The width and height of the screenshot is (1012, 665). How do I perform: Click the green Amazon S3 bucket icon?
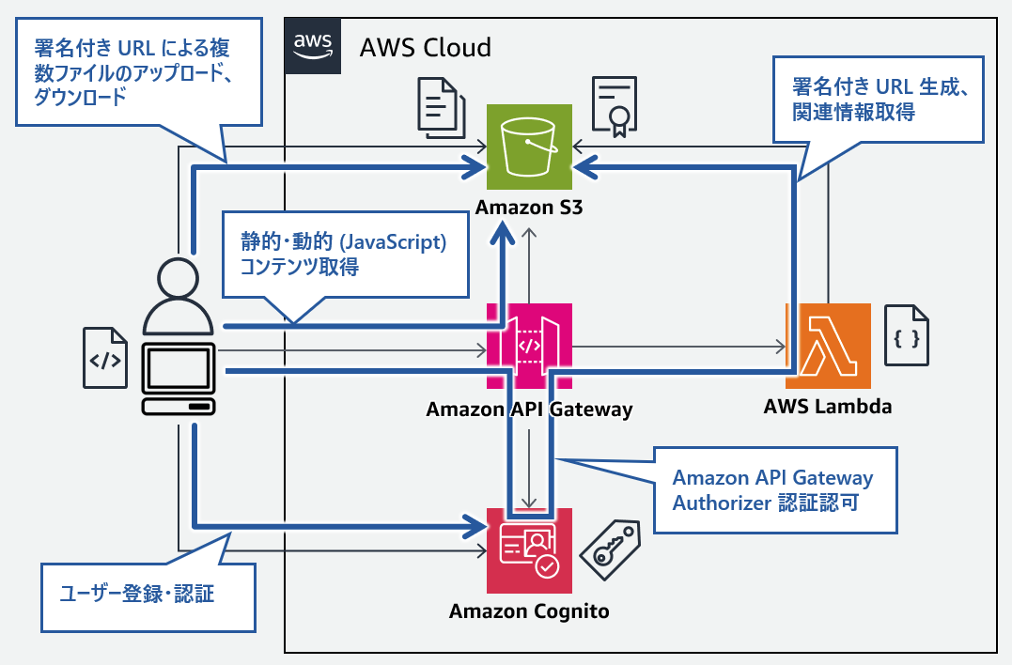[x=529, y=147]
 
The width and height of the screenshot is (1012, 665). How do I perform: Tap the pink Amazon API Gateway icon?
[x=529, y=345]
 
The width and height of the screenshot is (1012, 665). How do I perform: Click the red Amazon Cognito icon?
[x=529, y=549]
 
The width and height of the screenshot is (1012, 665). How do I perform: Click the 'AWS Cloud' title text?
[x=426, y=47]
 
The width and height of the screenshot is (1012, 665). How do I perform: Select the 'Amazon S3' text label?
[x=529, y=209]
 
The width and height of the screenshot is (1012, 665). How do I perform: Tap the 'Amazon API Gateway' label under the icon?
[x=529, y=410]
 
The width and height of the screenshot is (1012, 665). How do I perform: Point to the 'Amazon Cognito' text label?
[x=529, y=611]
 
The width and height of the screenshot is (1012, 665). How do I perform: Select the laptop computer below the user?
[x=179, y=379]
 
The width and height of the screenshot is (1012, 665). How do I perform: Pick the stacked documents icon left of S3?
[x=439, y=108]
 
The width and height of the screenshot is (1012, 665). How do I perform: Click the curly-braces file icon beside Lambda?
[x=908, y=335]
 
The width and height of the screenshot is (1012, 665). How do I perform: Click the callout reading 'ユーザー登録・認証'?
[x=148, y=595]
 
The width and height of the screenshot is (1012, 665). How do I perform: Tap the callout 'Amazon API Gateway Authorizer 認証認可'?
[x=773, y=489]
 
